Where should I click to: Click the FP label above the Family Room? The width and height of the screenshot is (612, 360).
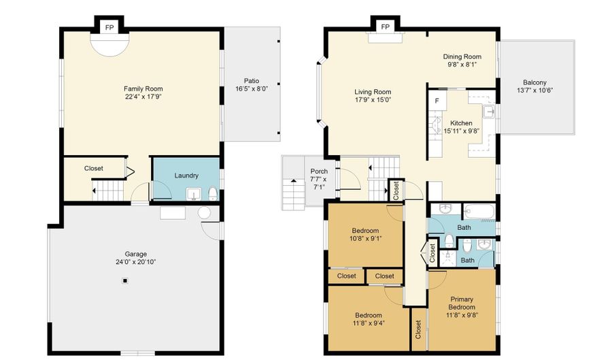tap(109, 28)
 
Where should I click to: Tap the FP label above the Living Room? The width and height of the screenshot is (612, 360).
tap(386, 27)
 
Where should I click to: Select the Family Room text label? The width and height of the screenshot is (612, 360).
tap(143, 88)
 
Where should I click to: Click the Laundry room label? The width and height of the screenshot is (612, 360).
tap(186, 176)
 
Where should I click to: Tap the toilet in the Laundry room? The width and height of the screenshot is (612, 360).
tap(212, 194)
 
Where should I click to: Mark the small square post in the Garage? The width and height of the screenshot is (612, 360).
tap(124, 281)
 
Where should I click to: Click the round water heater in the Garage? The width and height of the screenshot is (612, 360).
tap(205, 212)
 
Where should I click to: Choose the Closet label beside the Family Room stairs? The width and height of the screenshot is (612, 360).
tap(94, 168)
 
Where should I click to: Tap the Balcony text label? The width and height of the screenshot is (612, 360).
tap(534, 82)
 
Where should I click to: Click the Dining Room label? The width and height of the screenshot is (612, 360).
tap(462, 56)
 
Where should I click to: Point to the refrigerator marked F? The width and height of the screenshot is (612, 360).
tap(437, 101)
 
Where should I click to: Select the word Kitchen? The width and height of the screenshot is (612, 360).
tap(461, 123)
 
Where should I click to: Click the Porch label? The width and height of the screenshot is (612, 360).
tap(319, 171)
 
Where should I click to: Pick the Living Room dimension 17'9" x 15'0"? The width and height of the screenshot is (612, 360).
tap(373, 100)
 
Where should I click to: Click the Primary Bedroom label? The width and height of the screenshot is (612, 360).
tap(461, 304)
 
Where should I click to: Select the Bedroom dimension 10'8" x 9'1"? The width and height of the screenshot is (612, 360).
tap(365, 239)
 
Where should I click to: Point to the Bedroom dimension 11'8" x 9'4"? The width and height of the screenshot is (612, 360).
tap(369, 323)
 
